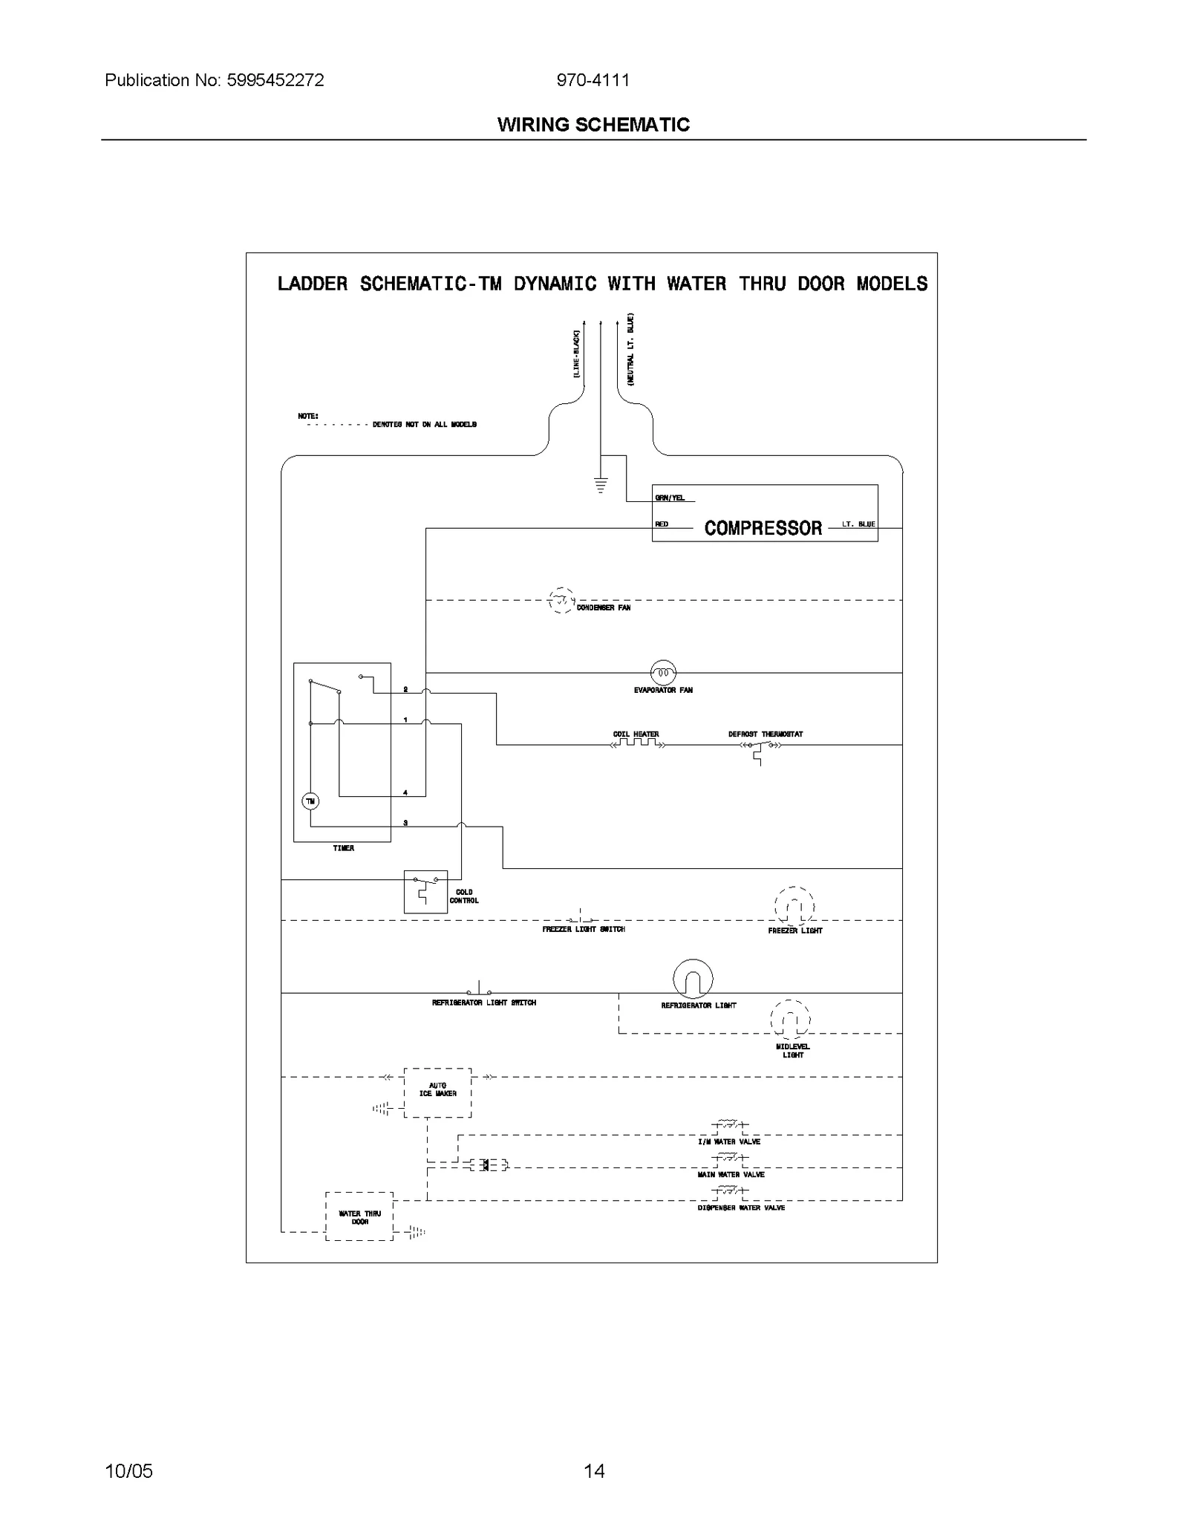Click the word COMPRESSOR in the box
pyautogui.click(x=763, y=528)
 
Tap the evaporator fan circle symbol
pyautogui.click(x=663, y=673)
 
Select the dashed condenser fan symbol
pyautogui.click(x=561, y=599)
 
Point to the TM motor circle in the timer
pyautogui.click(x=310, y=801)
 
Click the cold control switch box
pyautogui.click(x=425, y=891)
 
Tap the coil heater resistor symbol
pyautogui.click(x=636, y=743)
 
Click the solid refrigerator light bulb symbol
pyautogui.click(x=692, y=979)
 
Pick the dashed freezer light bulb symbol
pyautogui.click(x=794, y=906)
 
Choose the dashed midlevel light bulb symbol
pyautogui.click(x=790, y=1019)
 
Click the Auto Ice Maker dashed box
pyautogui.click(x=437, y=1092)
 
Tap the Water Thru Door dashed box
pyautogui.click(x=359, y=1216)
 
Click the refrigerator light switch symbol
pyautogui.click(x=479, y=991)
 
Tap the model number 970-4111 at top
pyautogui.click(x=593, y=80)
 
